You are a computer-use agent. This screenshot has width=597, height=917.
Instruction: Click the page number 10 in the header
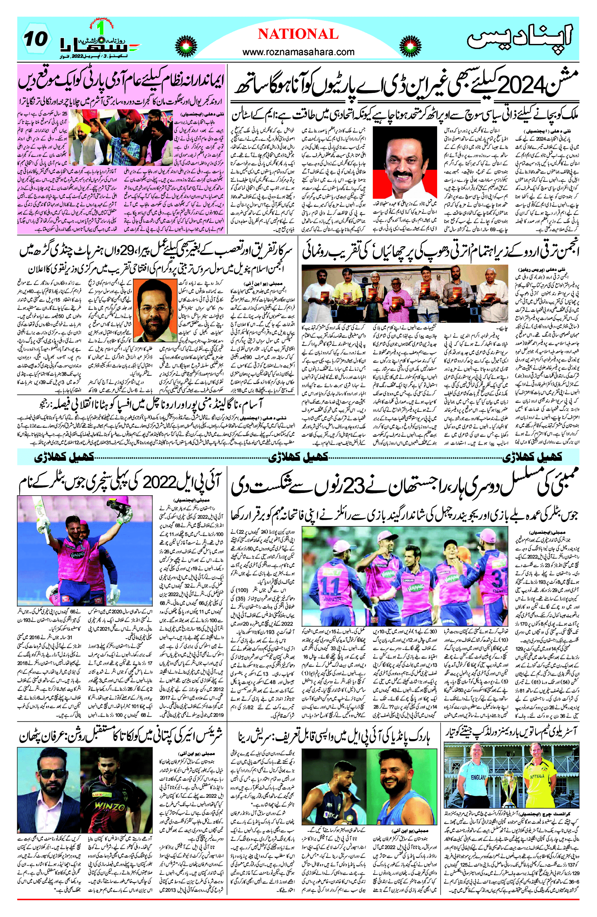click(36, 39)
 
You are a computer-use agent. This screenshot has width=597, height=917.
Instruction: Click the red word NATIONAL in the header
click(298, 34)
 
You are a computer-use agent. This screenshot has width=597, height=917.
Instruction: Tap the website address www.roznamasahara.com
click(298, 52)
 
